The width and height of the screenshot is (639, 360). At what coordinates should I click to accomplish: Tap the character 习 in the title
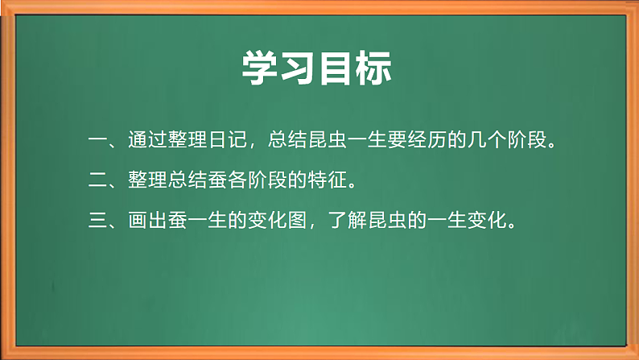coord(300,68)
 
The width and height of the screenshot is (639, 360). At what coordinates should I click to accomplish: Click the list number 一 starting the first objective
coord(99,142)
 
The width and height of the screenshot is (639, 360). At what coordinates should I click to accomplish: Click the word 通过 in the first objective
coord(146,142)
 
